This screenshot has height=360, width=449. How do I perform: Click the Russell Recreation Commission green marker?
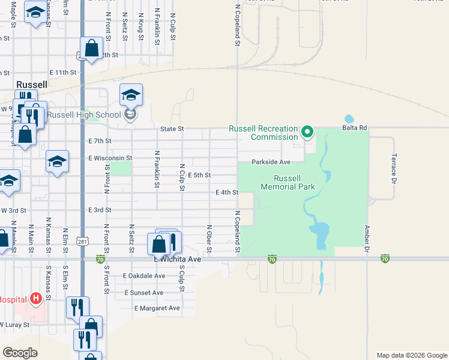308,131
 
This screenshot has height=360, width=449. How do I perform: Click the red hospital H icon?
36,298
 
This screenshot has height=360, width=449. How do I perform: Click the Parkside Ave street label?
271,162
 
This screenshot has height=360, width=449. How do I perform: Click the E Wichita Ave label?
177,260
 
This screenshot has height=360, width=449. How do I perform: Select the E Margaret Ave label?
157,308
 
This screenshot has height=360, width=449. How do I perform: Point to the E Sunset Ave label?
143,293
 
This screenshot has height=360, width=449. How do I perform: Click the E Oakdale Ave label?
143,276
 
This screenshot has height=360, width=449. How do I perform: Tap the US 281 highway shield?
82,241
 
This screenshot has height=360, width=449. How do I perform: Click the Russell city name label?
32,85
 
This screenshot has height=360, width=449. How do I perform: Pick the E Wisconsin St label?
109,158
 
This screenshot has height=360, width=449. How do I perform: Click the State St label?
172,129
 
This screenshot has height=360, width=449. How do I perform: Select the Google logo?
20,353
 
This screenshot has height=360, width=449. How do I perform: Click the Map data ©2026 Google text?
411,355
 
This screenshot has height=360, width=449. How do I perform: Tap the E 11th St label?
62,73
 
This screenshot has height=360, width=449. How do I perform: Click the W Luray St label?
14,325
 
